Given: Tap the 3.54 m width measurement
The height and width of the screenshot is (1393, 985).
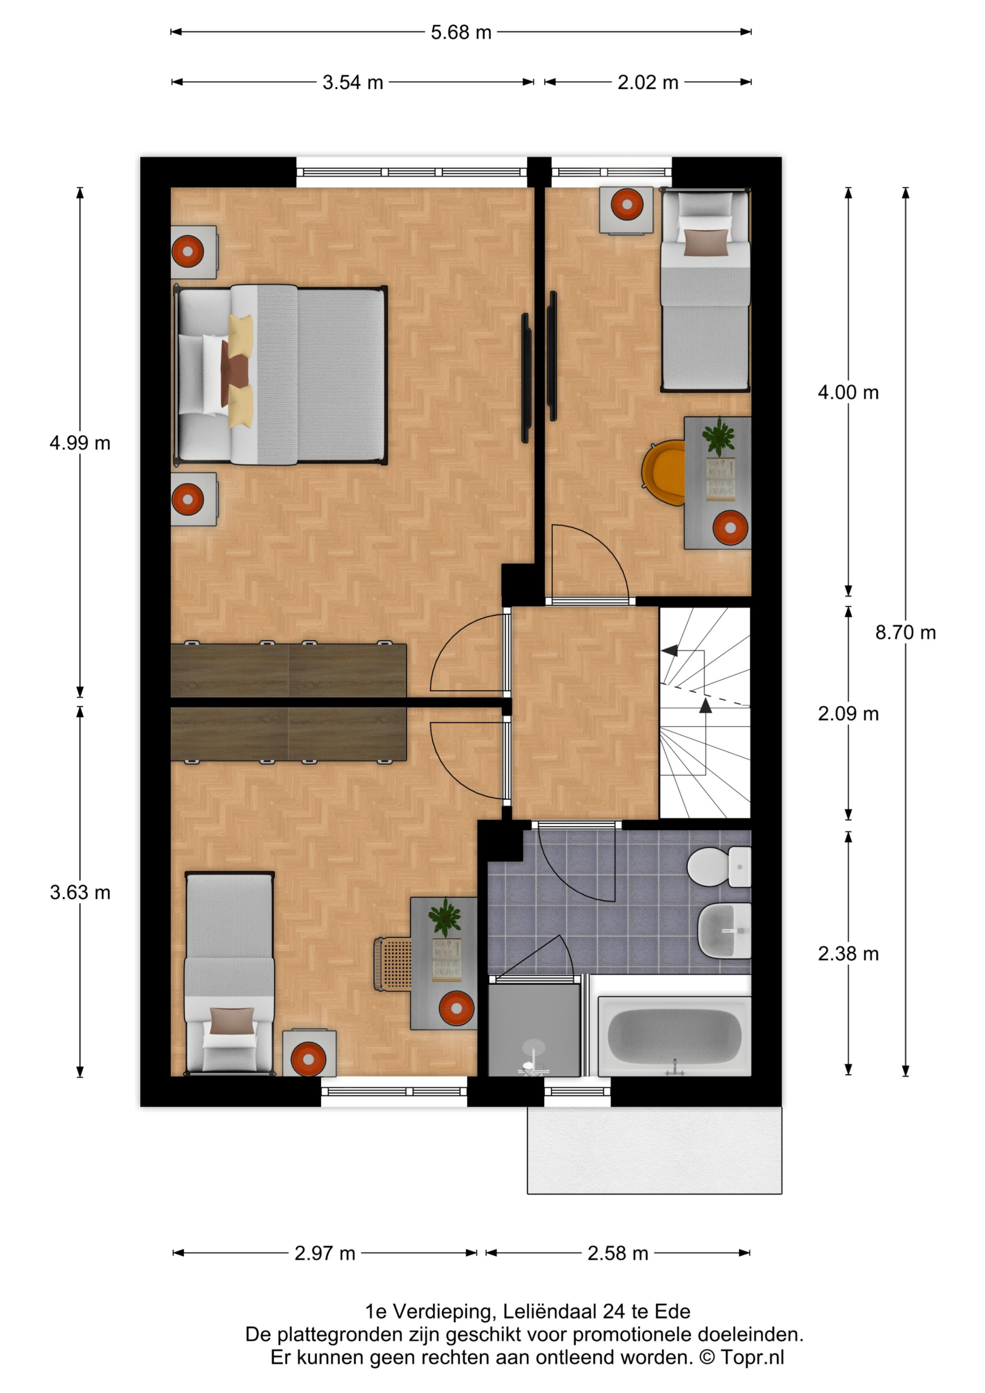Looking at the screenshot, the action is pos(353,83).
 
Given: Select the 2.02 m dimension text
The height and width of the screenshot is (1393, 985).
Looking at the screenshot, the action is pos(648,83).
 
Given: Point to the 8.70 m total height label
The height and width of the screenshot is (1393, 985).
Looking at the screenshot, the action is pos(905,633).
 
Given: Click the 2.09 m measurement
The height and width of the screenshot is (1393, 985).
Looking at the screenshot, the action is pos(848,714).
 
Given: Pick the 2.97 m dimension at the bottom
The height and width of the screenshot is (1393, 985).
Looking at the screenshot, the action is pos(325,1254).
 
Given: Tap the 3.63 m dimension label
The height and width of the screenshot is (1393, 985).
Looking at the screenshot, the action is pos(80,892).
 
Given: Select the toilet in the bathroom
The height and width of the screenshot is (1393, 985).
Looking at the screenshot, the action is pos(719,867).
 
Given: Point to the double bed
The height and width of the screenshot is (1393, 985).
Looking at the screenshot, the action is pos(280,375).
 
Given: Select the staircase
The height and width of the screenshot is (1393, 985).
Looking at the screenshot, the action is pos(705,713).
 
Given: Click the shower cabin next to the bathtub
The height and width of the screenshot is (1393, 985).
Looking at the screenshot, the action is pos(534,1030).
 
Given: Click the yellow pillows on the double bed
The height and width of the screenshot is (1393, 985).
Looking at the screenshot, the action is pos(241,371).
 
